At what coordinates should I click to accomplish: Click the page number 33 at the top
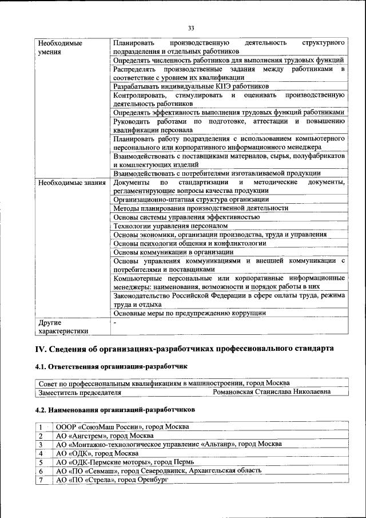pos(191,29)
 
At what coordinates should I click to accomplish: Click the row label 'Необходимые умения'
pos(59,48)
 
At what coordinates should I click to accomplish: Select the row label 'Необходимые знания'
pos(71,183)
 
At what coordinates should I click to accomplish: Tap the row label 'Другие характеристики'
pos(63,327)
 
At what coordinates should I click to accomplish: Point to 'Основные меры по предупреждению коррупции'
pos(189,314)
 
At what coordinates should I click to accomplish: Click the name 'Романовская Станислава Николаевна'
pos(272,393)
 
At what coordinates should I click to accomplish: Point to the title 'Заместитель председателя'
pos(80,393)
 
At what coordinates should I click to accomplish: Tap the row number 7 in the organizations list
pos(41,479)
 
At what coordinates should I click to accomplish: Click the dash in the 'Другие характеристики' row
pos(115,323)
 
